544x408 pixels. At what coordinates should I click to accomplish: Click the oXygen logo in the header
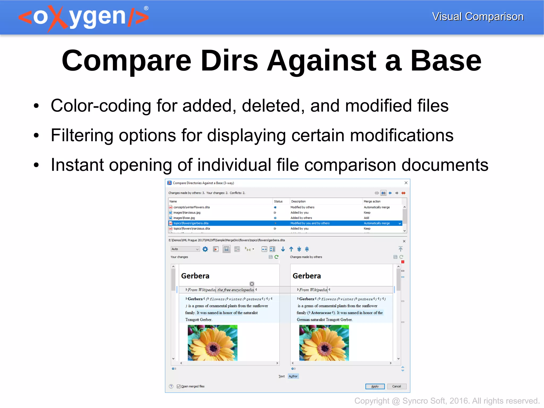click(83, 17)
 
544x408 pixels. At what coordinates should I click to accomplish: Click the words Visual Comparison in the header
click(478, 17)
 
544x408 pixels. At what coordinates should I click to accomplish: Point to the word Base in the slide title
click(446, 61)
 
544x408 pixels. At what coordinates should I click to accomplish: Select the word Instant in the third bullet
click(77, 165)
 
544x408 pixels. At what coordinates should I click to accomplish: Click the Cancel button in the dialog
click(396, 386)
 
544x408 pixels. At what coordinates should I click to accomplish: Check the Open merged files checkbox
click(179, 386)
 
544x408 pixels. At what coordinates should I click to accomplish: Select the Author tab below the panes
click(293, 376)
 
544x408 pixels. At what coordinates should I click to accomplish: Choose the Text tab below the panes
click(282, 376)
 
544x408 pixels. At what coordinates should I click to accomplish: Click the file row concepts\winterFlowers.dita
click(192, 207)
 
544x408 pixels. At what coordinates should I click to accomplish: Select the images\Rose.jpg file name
click(184, 218)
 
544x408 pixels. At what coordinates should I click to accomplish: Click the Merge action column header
click(372, 201)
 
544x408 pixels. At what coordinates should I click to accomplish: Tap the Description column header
click(298, 201)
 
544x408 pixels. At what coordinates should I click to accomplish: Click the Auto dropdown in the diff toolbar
click(185, 249)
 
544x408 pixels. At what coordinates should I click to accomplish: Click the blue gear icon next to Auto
click(205, 249)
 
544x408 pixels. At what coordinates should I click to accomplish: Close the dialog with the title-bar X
click(406, 183)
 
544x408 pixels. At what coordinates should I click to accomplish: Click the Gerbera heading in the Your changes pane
click(195, 276)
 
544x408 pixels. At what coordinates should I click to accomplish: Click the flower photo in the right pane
click(324, 343)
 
